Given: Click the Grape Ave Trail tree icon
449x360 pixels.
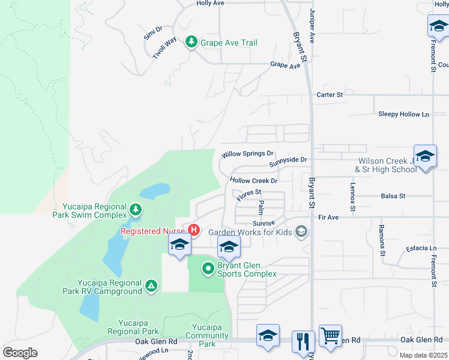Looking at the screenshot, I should [191, 42].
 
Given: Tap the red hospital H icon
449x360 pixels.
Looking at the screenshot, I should [194, 230].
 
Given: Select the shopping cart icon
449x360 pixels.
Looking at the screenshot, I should [330, 335].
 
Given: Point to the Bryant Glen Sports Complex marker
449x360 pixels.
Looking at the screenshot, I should [208, 268].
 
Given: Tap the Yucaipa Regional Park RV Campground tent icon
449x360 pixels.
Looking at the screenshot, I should [151, 285].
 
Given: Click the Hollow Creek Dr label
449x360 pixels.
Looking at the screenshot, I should [253, 181].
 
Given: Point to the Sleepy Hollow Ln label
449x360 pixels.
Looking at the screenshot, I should [403, 114].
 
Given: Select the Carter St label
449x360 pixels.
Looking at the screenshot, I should [330, 95].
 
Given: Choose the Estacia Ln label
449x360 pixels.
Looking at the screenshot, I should [420, 248].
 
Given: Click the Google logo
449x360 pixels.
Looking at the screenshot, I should [20, 352].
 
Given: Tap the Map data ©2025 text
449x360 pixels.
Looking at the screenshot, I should [424, 355].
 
